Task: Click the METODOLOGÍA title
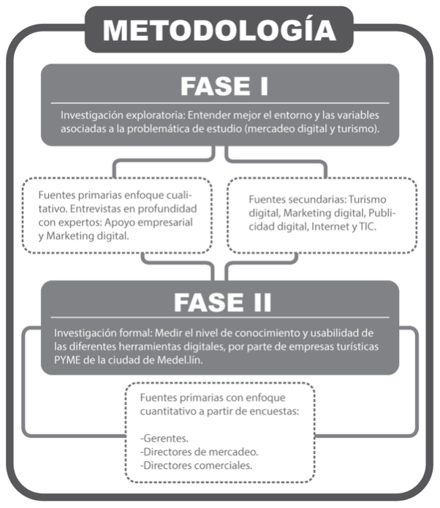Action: [219, 30]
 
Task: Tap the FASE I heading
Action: [224, 86]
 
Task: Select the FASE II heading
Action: [222, 303]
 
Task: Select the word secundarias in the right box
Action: [314, 200]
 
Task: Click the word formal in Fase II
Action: [135, 333]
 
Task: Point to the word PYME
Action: [67, 360]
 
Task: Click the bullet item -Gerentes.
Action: [164, 439]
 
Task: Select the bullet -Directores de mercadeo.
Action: [199, 452]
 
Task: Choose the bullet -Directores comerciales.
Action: [196, 466]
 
